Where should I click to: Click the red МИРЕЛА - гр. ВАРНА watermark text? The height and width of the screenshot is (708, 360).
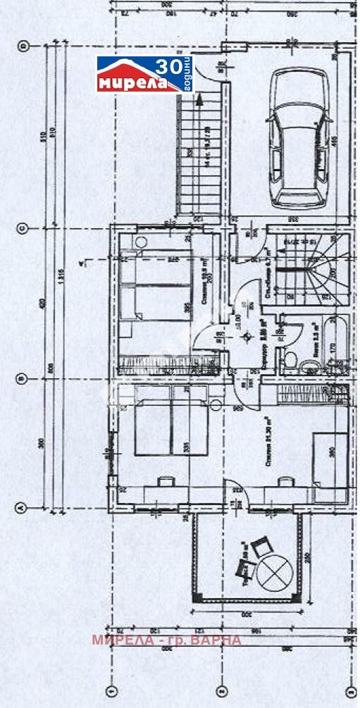(x=166, y=640)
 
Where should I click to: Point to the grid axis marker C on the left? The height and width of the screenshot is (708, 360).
(x=22, y=228)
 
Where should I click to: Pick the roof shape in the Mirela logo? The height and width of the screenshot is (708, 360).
(x=130, y=68)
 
